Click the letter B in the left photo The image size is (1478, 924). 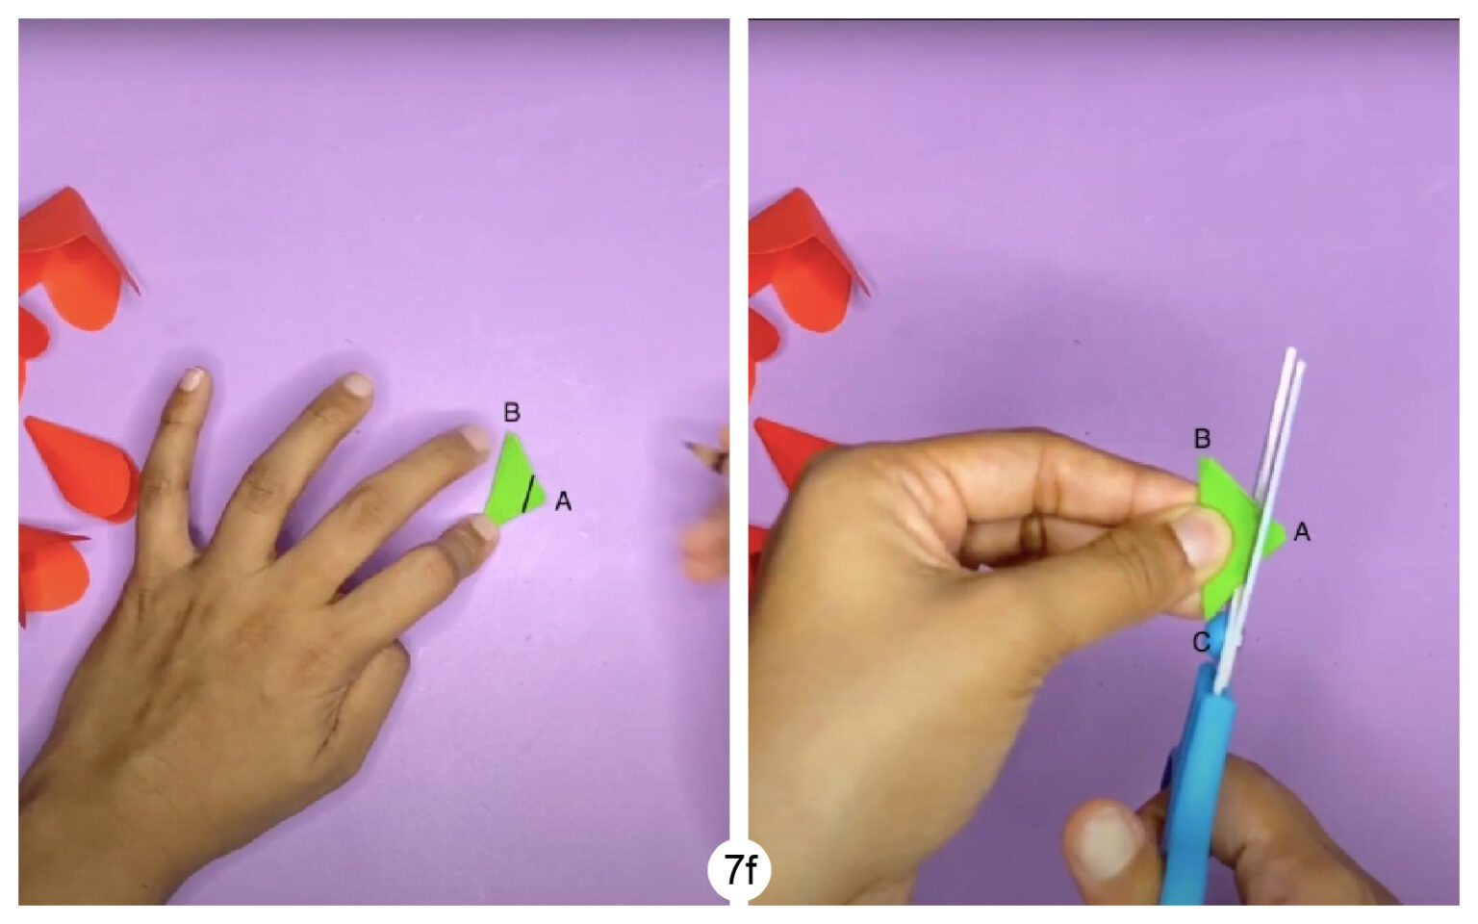(x=512, y=413)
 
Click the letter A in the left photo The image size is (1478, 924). (x=563, y=501)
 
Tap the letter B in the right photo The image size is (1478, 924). (x=1202, y=439)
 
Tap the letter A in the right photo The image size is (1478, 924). (x=1302, y=531)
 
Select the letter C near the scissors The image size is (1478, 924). (x=1201, y=642)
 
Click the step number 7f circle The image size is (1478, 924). (x=739, y=870)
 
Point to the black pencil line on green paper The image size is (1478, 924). (x=528, y=493)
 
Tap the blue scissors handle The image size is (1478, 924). (x=1193, y=789)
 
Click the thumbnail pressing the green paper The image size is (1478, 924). (x=1203, y=539)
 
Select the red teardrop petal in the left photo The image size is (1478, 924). (x=82, y=467)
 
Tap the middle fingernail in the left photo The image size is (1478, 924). (x=358, y=385)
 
